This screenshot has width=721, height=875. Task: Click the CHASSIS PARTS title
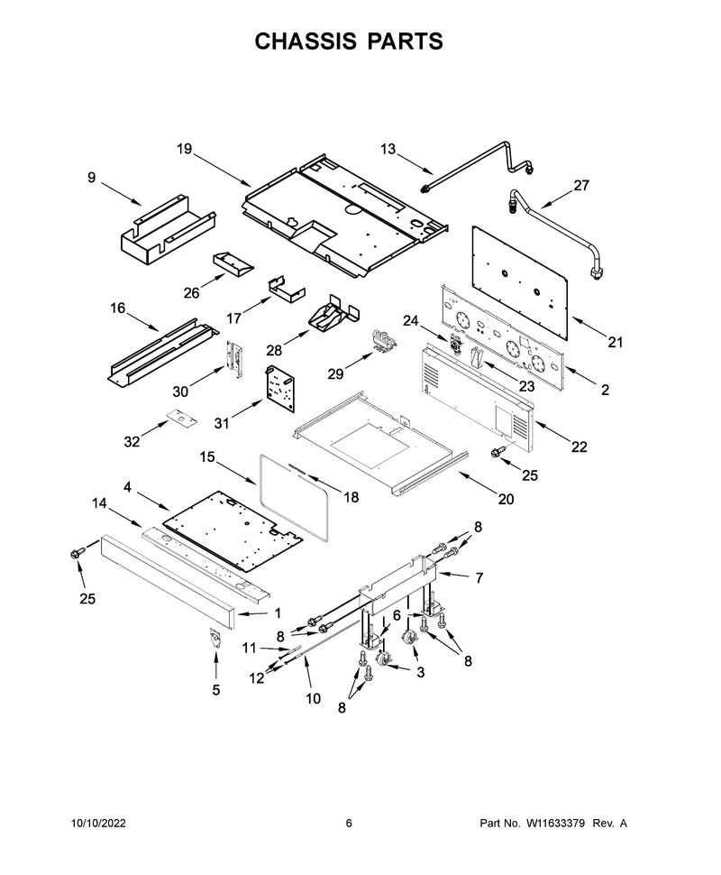coord(349,41)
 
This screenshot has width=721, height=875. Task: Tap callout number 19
coord(184,149)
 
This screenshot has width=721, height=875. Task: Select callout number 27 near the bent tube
coord(581,185)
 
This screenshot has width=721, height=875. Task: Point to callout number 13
coord(388,149)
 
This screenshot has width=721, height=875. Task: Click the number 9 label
coord(91,178)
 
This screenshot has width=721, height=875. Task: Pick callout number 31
coord(222,424)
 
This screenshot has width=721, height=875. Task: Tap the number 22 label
coord(580,447)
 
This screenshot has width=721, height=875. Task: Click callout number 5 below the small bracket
coord(215,690)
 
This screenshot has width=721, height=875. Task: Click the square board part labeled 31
coord(280,390)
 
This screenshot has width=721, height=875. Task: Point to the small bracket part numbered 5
coord(215,637)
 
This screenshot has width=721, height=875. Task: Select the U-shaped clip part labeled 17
coord(287,287)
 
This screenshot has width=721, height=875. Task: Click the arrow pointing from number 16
coord(142,323)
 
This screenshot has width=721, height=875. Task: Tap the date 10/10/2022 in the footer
coord(99,823)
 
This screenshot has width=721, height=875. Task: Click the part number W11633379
coord(552,823)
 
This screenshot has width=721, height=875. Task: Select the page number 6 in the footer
coord(349,823)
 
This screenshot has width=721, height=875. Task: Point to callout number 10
coord(313,698)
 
